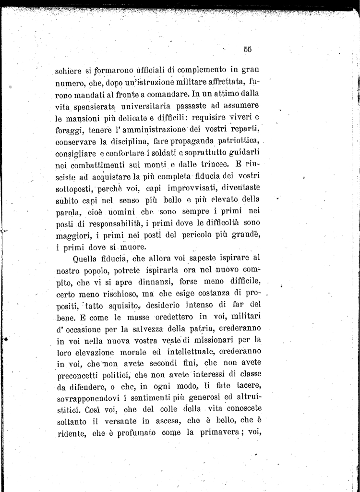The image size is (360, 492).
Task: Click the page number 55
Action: tap(248, 48)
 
